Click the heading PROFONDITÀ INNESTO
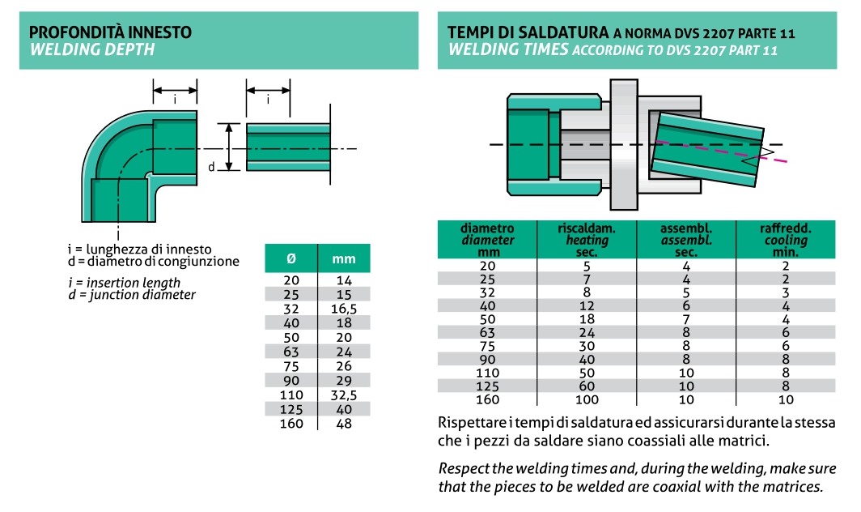click(x=110, y=32)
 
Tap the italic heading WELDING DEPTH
click(x=92, y=49)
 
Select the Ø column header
click(x=291, y=258)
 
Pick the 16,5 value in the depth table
click(x=344, y=309)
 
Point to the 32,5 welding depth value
click(x=344, y=395)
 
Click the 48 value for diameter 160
click(x=344, y=424)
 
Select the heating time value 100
click(x=587, y=400)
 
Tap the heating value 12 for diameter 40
click(x=587, y=305)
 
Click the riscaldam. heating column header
click(x=587, y=240)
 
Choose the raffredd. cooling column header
click(x=786, y=240)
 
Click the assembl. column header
click(x=686, y=240)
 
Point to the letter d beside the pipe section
click(x=211, y=167)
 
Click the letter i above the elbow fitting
click(x=175, y=100)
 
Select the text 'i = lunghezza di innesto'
click(x=139, y=250)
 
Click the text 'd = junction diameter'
click(x=132, y=295)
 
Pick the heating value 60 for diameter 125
click(x=587, y=386)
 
